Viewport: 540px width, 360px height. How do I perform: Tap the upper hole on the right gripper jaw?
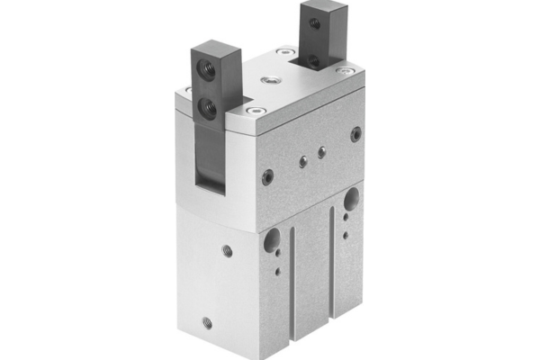coord(315,24)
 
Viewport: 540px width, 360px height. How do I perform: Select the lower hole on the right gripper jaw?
coord(314,59)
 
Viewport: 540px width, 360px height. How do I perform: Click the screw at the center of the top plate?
coord(266,82)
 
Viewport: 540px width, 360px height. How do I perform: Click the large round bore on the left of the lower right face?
coord(270,240)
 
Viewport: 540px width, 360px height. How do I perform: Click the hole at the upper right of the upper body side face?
coord(356,133)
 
